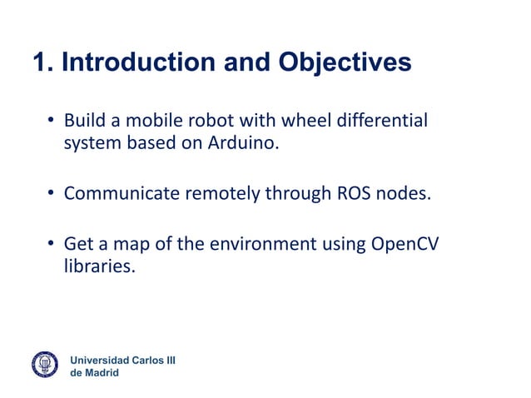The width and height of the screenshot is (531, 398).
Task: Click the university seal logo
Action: pyautogui.click(x=44, y=365)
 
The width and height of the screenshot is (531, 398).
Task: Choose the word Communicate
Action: pyautogui.click(x=122, y=194)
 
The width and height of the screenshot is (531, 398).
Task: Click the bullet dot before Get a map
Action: pyautogui.click(x=51, y=245)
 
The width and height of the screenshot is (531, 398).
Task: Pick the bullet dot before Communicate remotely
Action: pyautogui.click(x=51, y=195)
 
